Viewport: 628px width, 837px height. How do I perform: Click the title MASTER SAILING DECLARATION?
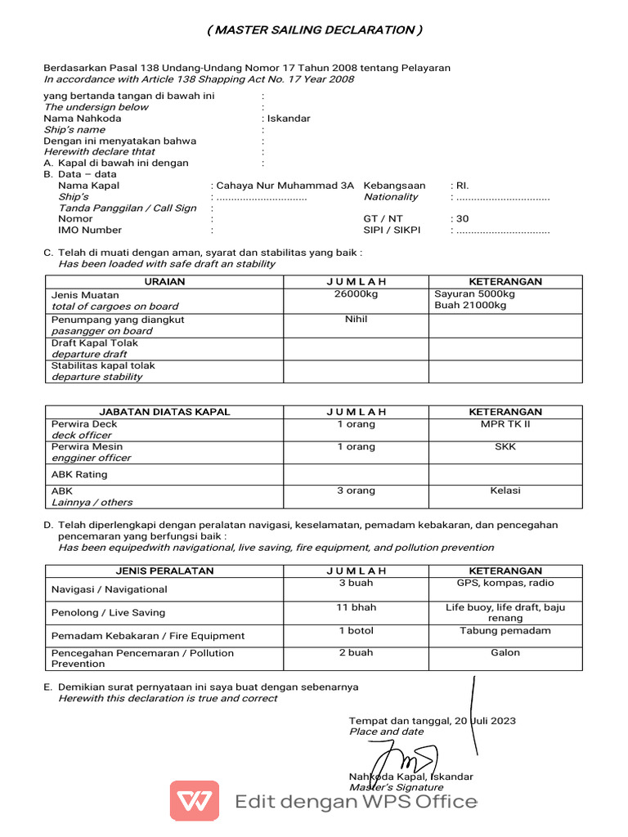[x=315, y=30]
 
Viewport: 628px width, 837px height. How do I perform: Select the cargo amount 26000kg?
[x=356, y=294]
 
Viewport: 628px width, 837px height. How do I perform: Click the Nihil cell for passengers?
[x=356, y=320]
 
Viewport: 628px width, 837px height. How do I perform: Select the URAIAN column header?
[x=164, y=282]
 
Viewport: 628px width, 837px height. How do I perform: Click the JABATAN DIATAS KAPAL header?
[x=164, y=412]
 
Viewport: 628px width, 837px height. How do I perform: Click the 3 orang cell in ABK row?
[x=356, y=490]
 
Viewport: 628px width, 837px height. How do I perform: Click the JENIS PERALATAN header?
[x=164, y=571]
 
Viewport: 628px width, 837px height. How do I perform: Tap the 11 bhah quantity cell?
[x=356, y=607]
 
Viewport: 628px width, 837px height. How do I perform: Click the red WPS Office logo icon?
[x=194, y=800]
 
